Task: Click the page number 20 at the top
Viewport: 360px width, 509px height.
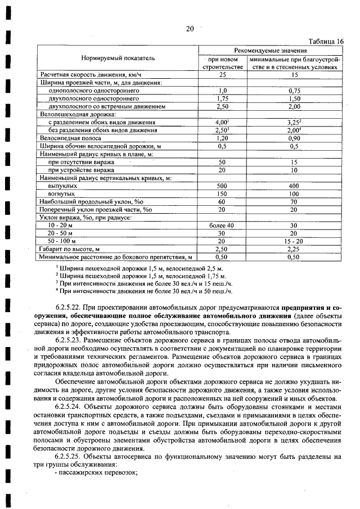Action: pos(190,29)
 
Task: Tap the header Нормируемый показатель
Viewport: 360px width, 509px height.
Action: pos(118,58)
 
